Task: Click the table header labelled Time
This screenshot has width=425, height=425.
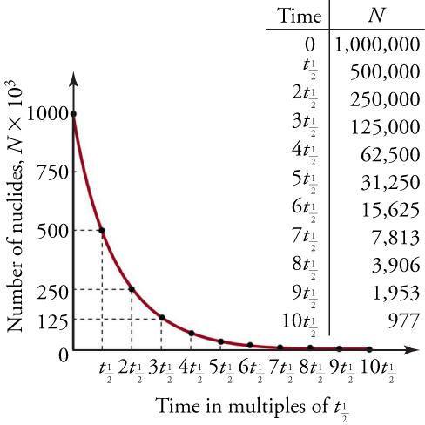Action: pyautogui.click(x=298, y=17)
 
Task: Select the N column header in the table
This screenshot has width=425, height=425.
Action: pyautogui.click(x=376, y=17)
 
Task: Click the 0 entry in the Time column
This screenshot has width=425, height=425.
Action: pyautogui.click(x=310, y=44)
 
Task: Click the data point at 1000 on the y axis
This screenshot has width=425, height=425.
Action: pyautogui.click(x=73, y=114)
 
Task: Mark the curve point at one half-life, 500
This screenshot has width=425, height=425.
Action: pyautogui.click(x=102, y=230)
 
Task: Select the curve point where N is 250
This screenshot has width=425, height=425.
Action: pyautogui.click(x=132, y=289)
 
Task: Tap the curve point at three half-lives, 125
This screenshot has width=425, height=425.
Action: pyautogui.click(x=161, y=318)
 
